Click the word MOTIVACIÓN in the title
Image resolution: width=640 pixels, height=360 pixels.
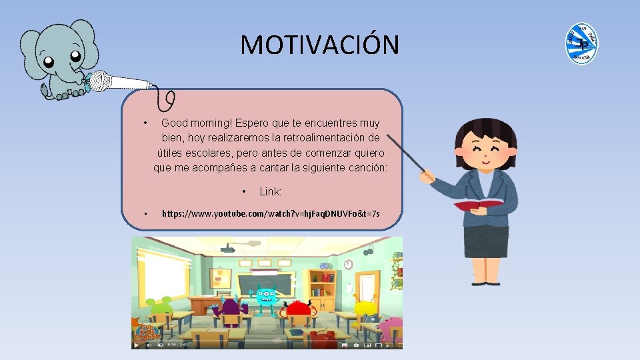point(320,45)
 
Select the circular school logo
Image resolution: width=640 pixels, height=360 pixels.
point(581,43)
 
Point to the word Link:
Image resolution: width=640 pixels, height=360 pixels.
point(271,192)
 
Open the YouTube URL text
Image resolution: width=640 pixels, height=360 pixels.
point(271,213)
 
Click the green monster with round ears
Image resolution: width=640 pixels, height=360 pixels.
point(163,308)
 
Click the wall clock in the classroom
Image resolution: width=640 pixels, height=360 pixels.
point(348,265)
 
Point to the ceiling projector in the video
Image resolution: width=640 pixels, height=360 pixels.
point(227,249)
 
